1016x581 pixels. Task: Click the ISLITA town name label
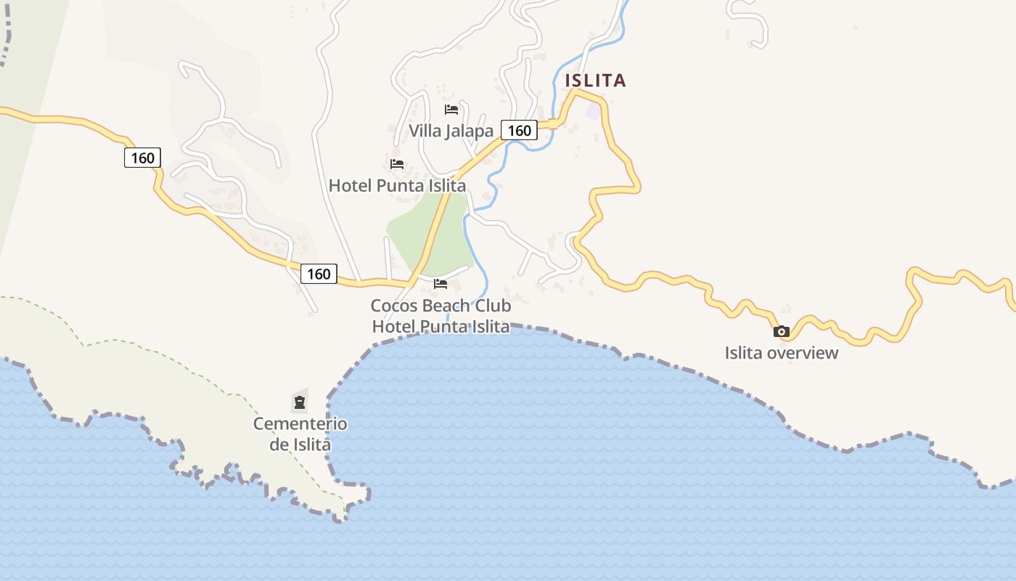click(595, 80)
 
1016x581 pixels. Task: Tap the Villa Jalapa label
click(451, 131)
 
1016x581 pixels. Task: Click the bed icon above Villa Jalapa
click(451, 110)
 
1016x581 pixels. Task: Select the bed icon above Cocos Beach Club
click(441, 283)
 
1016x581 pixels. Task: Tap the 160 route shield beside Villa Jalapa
click(520, 131)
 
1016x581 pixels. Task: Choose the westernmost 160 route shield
click(142, 158)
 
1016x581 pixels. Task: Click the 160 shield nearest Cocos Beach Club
click(319, 274)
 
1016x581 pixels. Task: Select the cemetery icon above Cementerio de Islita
click(300, 402)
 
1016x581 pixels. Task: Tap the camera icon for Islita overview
click(782, 332)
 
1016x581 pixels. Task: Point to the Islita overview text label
click(782, 353)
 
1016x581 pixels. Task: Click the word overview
click(803, 353)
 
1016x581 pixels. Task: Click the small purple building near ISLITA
click(594, 112)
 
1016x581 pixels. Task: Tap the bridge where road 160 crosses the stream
click(553, 123)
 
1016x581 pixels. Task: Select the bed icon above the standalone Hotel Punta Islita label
click(397, 164)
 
